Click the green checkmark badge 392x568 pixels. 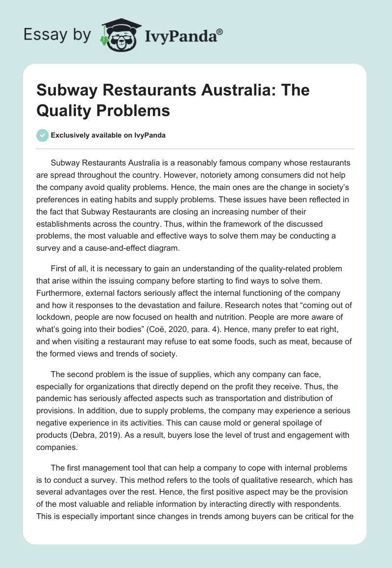(43, 135)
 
